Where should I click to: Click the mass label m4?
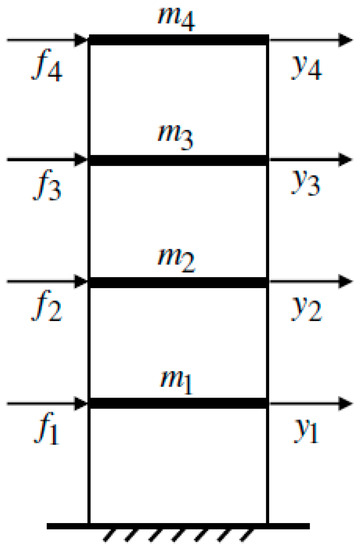click(179, 17)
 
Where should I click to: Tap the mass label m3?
click(179, 137)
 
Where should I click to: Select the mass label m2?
click(179, 260)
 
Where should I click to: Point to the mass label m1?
click(179, 381)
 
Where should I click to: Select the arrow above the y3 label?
click(310, 160)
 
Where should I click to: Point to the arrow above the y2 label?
click(310, 283)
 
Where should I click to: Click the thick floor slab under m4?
click(179, 40)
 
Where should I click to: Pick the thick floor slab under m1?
click(179, 403)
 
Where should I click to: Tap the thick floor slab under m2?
click(179, 283)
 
